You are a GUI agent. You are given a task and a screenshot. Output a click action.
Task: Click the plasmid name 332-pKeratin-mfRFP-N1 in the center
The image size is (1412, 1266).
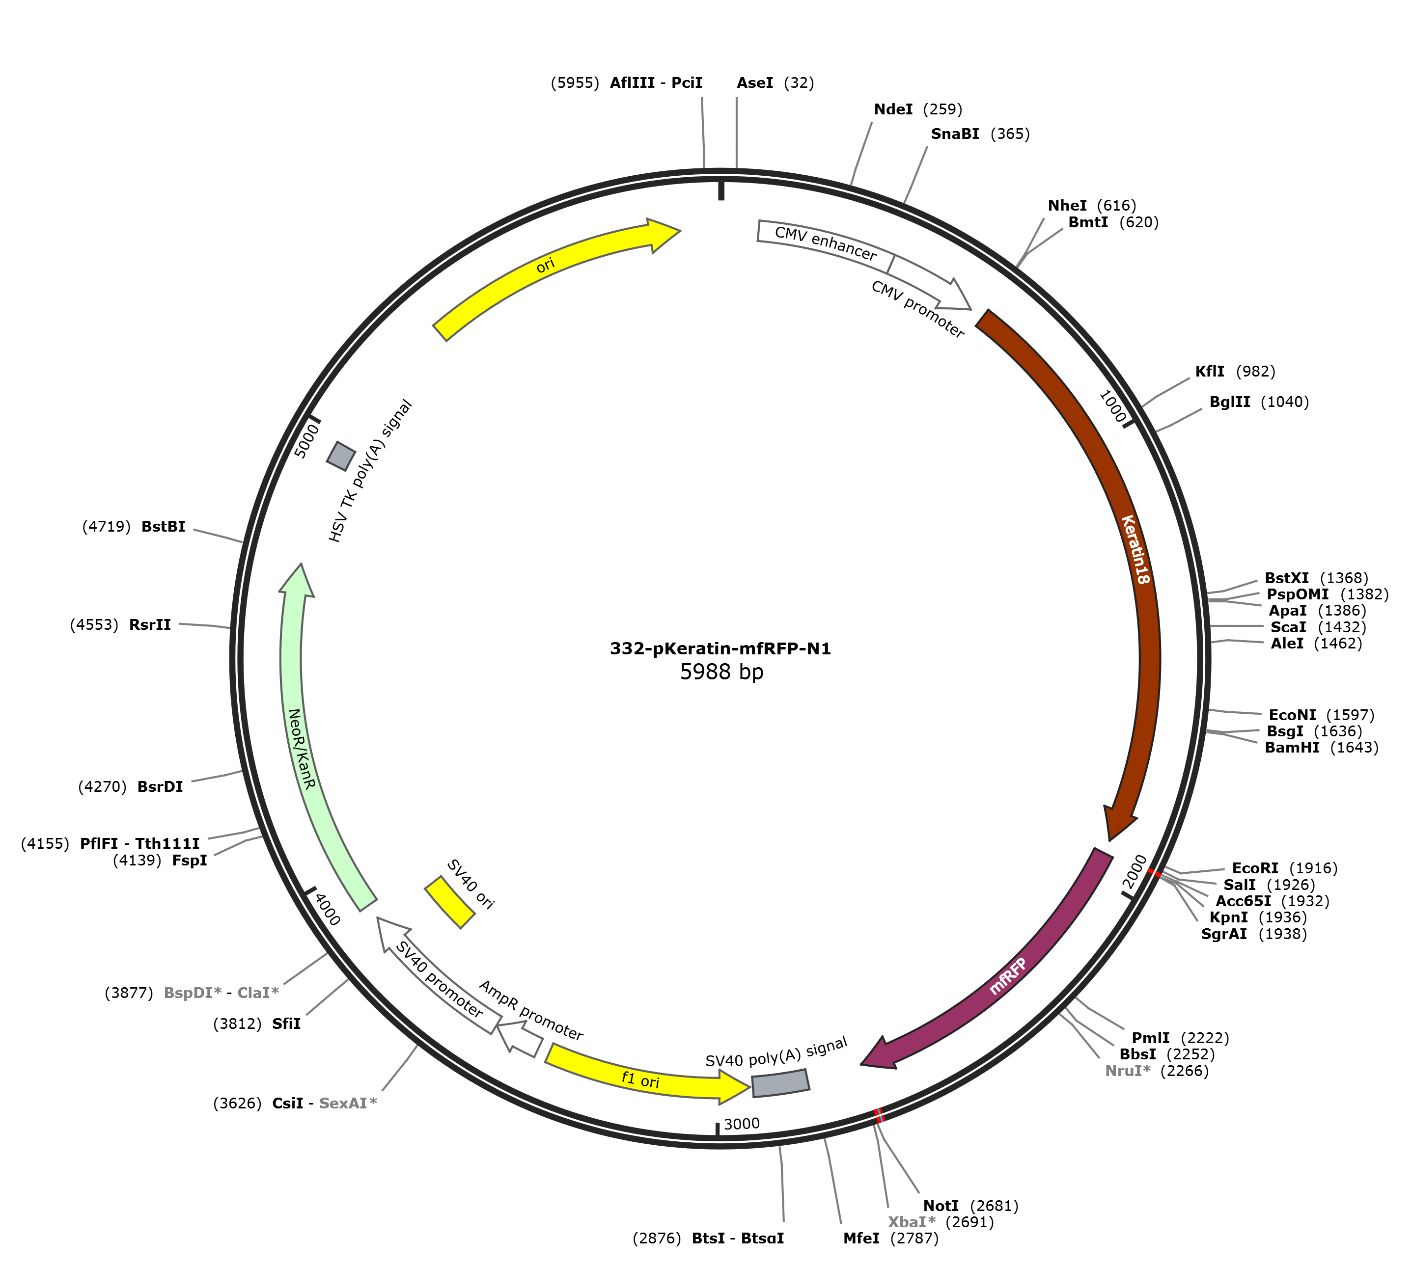coord(720,649)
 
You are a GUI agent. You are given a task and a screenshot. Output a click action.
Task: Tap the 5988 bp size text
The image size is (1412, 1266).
coord(721,672)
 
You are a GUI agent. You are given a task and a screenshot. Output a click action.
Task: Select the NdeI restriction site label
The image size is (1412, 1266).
coord(893,109)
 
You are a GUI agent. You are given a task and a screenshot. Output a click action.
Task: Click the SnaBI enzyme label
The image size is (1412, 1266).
coord(955,134)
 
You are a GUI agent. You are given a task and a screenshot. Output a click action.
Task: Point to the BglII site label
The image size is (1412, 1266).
coord(1230,402)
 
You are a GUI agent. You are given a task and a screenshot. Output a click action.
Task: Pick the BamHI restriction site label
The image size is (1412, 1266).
coord(1292,748)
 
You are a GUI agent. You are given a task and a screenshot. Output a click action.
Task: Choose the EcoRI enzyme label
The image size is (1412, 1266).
coord(1255,868)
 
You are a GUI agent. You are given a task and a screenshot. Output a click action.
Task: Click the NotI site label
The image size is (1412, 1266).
coord(941,1206)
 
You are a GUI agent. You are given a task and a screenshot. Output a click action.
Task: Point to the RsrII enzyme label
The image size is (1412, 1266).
coord(150,624)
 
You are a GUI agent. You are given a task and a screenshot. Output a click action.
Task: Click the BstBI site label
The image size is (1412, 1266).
coord(164,527)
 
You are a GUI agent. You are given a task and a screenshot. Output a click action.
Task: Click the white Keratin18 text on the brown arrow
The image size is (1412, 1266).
coord(1135,549)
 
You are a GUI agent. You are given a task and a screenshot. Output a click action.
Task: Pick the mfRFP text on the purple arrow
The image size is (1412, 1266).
coord(1008,976)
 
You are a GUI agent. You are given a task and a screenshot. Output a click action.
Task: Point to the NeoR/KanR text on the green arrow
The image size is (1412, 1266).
coord(302,749)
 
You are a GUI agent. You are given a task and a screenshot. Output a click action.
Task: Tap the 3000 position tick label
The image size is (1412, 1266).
coord(742,1124)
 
